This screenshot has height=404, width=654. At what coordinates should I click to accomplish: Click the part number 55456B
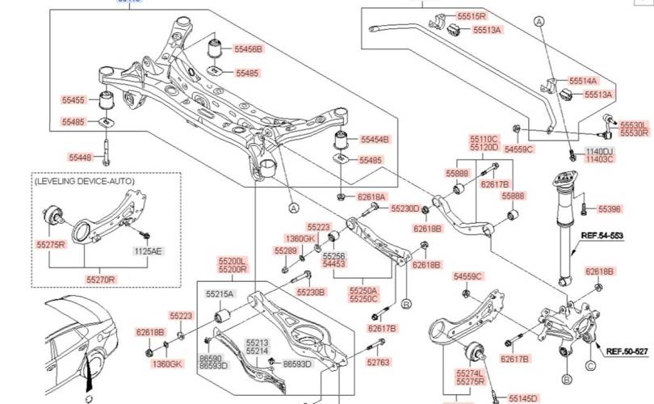pos(248,49)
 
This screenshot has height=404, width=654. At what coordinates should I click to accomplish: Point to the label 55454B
pos(375,139)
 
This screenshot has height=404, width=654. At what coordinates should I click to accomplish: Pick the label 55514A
pos(583,81)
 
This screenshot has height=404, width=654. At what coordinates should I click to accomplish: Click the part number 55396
pos(610,208)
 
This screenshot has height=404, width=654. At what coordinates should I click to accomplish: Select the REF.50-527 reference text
pos(627,351)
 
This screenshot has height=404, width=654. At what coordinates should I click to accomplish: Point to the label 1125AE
pos(148,251)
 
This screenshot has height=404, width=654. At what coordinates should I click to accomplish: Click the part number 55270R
pos(102,279)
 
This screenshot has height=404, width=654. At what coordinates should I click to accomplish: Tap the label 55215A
pos(219,294)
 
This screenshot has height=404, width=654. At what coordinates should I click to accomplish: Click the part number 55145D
pos(522,398)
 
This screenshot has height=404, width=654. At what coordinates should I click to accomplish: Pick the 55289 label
pos(286,250)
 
